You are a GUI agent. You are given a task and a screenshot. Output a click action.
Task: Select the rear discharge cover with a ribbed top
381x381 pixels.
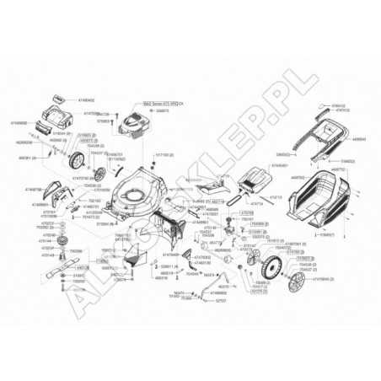pyautogui.click(x=254, y=180)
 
